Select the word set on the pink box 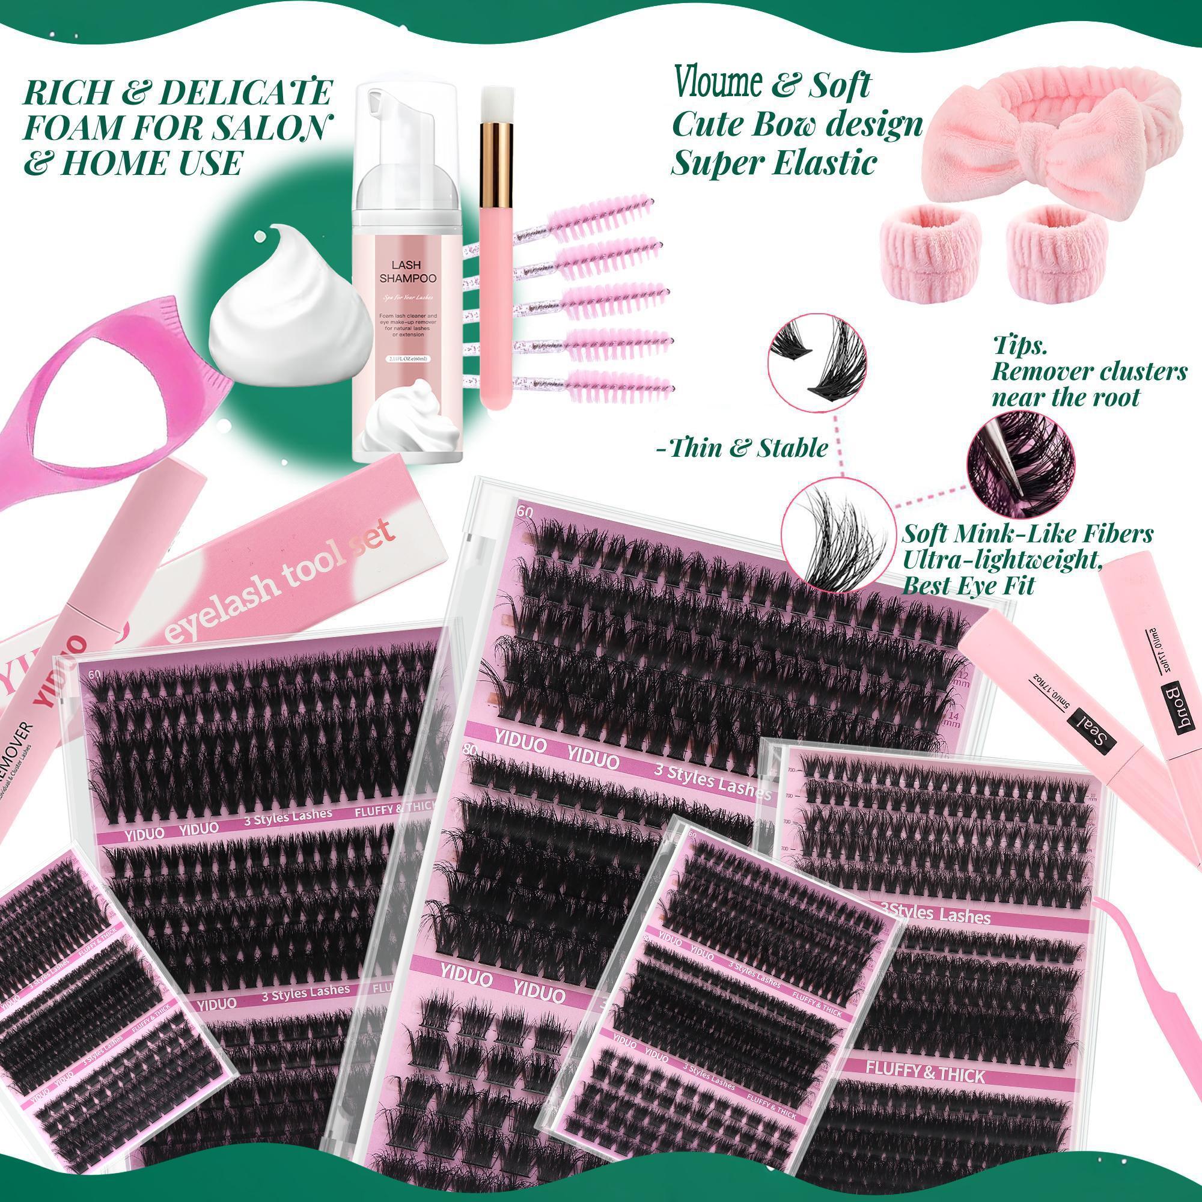pyautogui.click(x=373, y=534)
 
